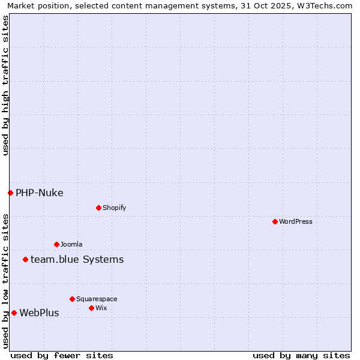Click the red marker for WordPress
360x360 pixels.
pyautogui.click(x=275, y=221)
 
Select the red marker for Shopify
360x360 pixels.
pyautogui.click(x=98, y=208)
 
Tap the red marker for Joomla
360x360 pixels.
pyautogui.click(x=56, y=244)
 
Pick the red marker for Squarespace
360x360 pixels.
pyautogui.click(x=72, y=299)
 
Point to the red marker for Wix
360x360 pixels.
pyautogui.click(x=91, y=308)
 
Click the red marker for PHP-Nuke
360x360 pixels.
pyautogui.click(x=10, y=193)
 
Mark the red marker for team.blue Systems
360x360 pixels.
pyautogui.click(x=25, y=259)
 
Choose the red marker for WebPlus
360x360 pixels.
pyautogui.click(x=14, y=313)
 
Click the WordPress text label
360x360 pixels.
pyautogui.click(x=296, y=221)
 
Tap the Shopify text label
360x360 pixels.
pyautogui.click(x=114, y=208)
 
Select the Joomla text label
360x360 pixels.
pyautogui.click(x=71, y=244)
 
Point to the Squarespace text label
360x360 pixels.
pyautogui.click(x=97, y=299)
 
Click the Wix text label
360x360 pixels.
pyautogui.click(x=101, y=308)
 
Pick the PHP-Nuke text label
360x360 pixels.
pyautogui.click(x=40, y=193)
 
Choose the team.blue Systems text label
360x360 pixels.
pyautogui.click(x=77, y=259)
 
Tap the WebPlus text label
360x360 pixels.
pyautogui.click(x=39, y=313)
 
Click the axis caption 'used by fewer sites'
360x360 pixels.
pyautogui.click(x=62, y=355)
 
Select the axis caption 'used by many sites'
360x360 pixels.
pyautogui.click(x=301, y=355)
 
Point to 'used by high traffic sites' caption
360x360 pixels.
pyautogui.click(x=5, y=85)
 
